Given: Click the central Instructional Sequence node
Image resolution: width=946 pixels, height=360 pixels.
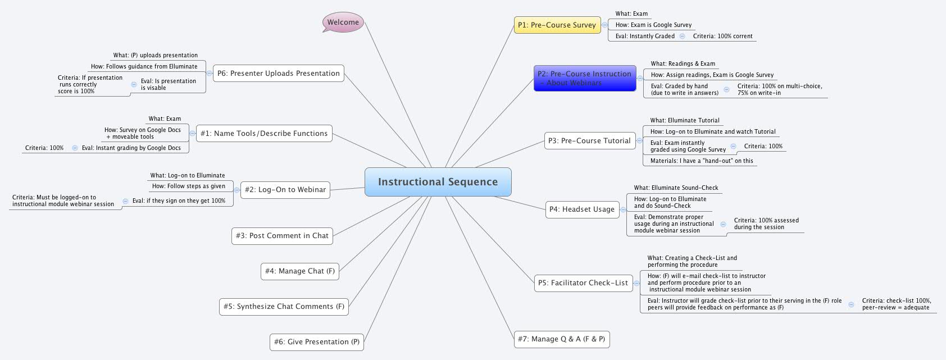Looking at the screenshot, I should tap(438, 182).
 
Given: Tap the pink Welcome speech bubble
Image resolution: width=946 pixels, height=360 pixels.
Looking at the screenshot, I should tap(343, 22).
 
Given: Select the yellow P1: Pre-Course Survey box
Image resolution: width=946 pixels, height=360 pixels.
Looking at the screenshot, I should tap(557, 25).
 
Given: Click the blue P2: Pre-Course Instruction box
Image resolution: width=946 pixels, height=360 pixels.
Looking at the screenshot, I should tap(584, 78).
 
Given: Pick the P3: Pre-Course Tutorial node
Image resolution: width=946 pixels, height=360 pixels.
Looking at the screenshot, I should tap(589, 141).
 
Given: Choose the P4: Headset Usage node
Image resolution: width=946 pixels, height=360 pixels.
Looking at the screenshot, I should tap(581, 209).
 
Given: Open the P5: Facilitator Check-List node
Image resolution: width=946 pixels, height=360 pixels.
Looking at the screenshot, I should tap(583, 283).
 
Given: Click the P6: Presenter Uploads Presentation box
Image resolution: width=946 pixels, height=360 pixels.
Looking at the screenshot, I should tap(278, 74).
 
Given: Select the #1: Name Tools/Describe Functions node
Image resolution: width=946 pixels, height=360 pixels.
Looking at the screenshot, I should tap(263, 134).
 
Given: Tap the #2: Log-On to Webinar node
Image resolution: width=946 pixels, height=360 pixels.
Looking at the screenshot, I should tap(285, 190).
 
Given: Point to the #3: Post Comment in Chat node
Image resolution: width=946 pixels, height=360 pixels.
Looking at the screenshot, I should tap(282, 236).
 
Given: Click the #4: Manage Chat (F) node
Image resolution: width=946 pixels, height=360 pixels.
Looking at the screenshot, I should tap(300, 271).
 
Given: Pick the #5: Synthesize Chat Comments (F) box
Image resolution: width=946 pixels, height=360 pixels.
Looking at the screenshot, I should tap(284, 307).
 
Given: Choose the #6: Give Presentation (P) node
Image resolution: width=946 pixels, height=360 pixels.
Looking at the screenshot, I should tap(316, 342).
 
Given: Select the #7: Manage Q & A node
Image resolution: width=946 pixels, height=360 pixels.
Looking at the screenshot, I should tap(561, 339).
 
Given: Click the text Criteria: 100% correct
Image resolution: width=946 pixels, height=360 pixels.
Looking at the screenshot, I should tap(722, 37).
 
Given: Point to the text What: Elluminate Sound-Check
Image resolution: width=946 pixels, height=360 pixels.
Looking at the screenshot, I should tap(676, 188).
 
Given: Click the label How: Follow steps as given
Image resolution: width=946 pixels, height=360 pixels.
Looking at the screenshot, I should tap(188, 186).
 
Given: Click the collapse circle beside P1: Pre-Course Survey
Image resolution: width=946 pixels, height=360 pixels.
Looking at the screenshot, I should tap(604, 25).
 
